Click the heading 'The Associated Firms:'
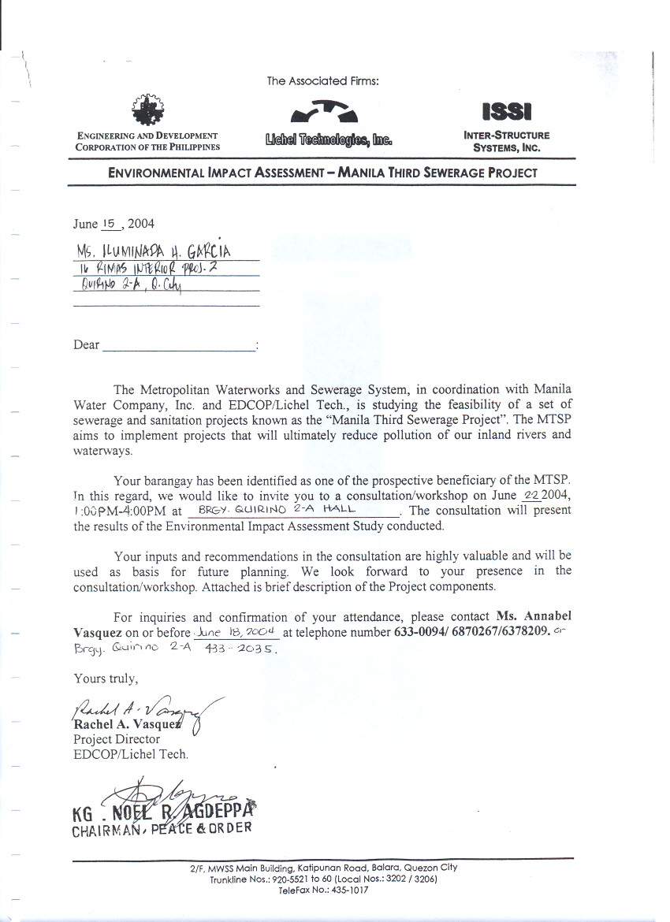323,80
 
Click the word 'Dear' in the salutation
87,344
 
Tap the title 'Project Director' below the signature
117,739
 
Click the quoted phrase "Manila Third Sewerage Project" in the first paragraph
416,418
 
